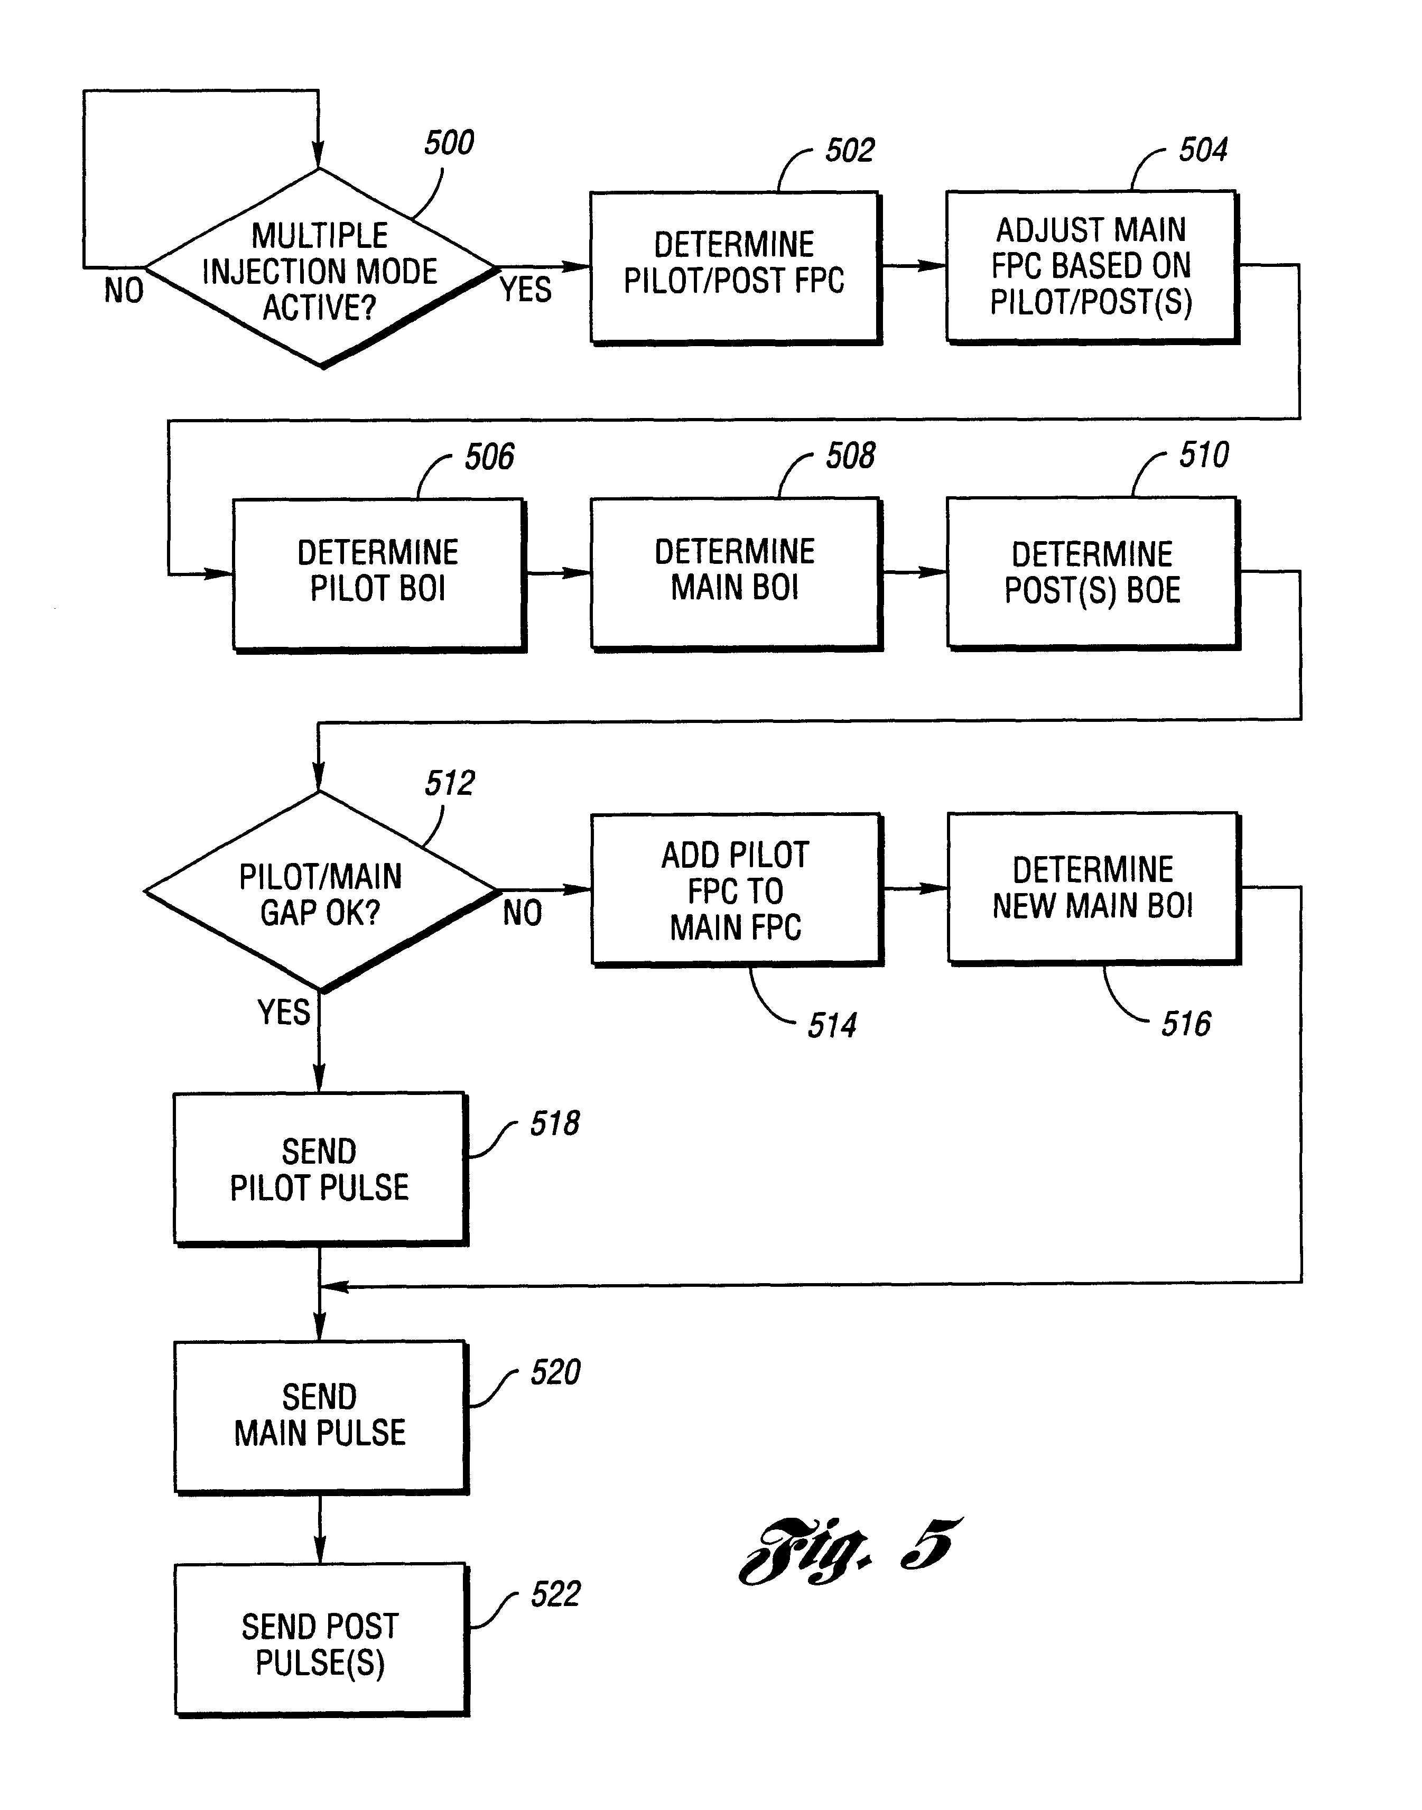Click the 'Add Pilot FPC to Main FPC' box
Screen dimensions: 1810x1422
736,889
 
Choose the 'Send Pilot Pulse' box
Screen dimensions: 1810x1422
320,1168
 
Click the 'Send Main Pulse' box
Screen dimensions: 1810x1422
320,1415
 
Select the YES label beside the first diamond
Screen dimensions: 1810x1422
525,290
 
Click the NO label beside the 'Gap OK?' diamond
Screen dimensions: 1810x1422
522,913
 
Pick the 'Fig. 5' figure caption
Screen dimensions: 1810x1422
849,1550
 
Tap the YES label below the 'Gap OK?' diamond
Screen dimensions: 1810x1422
283,1013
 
